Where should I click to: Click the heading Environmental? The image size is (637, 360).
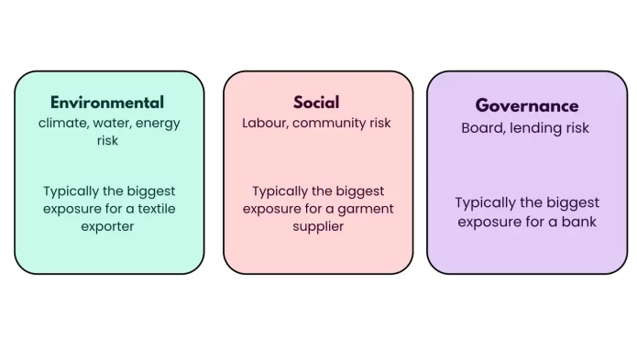tap(107, 103)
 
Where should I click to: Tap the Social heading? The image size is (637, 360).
tap(316, 103)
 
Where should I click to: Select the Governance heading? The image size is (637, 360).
tap(527, 106)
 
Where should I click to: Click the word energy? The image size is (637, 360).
tap(158, 124)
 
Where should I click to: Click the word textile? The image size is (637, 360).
tap(157, 209)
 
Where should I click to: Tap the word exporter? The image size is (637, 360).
tap(107, 226)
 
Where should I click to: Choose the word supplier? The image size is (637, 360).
tap(318, 226)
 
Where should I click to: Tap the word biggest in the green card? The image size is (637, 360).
tap(150, 191)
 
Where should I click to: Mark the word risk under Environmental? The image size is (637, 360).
tap(107, 140)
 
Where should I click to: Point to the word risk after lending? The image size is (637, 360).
tap(580, 128)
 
